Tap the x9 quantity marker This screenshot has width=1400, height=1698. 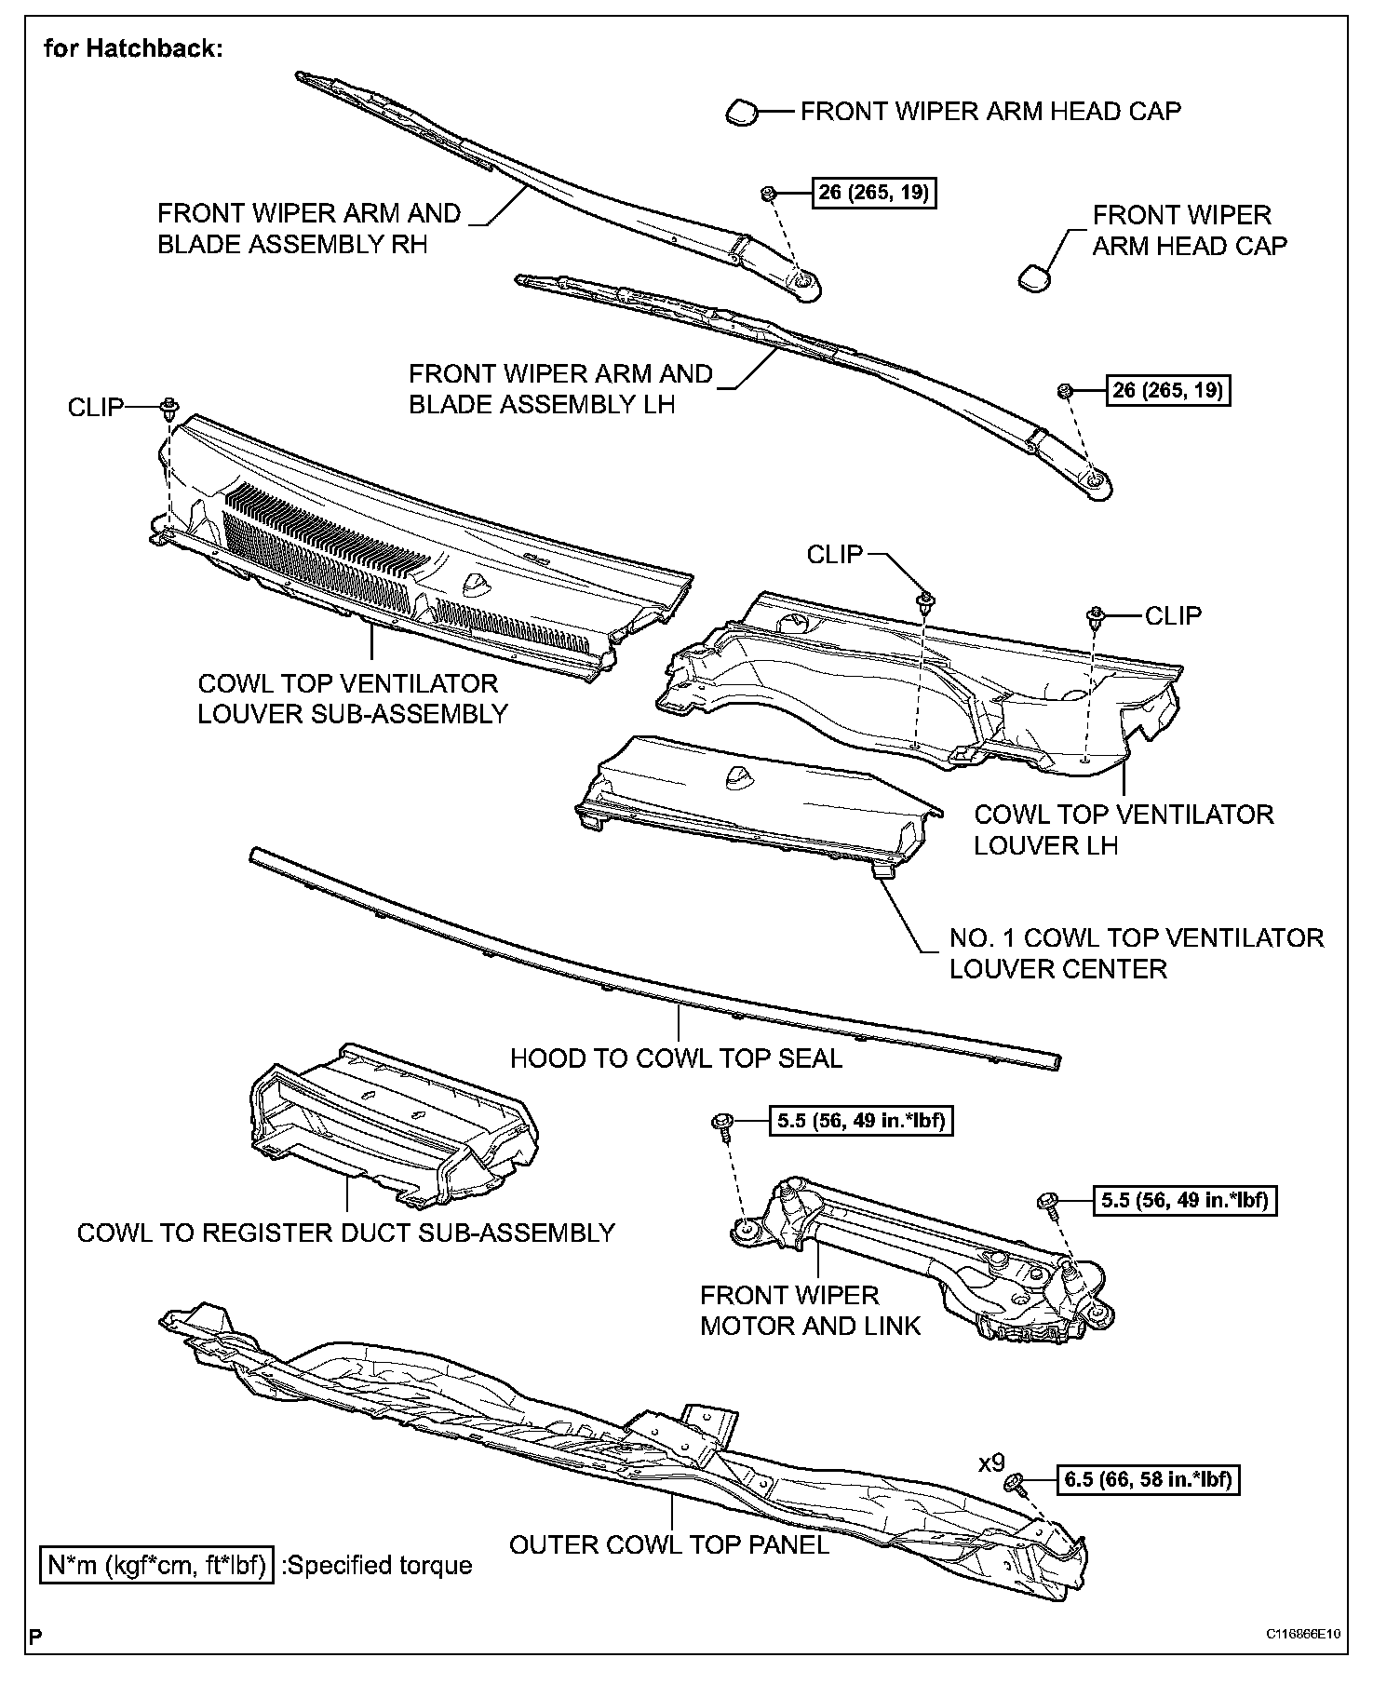tap(991, 1462)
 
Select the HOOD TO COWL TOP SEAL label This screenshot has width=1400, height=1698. tap(676, 1058)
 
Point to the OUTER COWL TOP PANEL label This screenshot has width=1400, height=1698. tap(668, 1544)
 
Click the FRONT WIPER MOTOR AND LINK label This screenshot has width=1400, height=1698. tap(809, 1310)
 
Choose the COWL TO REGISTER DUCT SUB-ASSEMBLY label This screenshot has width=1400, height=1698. tap(346, 1233)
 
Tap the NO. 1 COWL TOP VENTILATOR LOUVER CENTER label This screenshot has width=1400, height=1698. tap(1136, 952)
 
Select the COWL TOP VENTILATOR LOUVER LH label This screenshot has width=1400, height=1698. tap(1123, 829)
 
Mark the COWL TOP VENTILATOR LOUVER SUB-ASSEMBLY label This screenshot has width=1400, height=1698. tap(353, 698)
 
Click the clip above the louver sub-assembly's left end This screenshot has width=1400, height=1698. tap(168, 407)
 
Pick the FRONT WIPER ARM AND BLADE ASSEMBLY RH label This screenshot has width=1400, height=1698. tap(309, 228)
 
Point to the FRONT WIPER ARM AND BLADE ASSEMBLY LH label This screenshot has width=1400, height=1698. tap(560, 388)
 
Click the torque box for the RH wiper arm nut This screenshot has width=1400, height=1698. tap(875, 193)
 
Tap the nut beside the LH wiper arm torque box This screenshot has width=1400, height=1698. tap(1067, 390)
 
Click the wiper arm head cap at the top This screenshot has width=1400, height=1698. tap(742, 113)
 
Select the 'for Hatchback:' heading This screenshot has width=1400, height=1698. tap(133, 48)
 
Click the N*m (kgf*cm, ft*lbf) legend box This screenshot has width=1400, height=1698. tap(155, 1565)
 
